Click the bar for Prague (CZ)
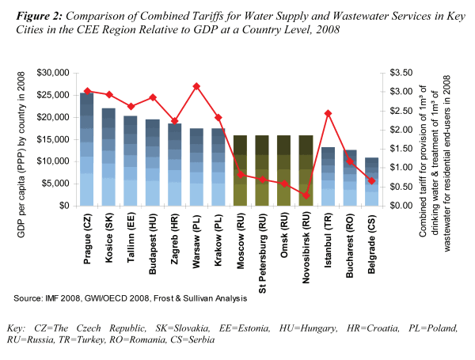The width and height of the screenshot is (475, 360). click(87, 150)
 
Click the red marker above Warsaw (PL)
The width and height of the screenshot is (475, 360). click(196, 86)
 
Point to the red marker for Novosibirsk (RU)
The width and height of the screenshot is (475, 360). click(306, 195)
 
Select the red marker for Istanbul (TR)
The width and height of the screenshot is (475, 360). click(328, 114)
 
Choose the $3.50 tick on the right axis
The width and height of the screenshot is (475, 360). click(396, 73)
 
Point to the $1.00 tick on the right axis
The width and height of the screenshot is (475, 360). click(396, 168)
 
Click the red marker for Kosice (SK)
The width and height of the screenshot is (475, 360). click(109, 95)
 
